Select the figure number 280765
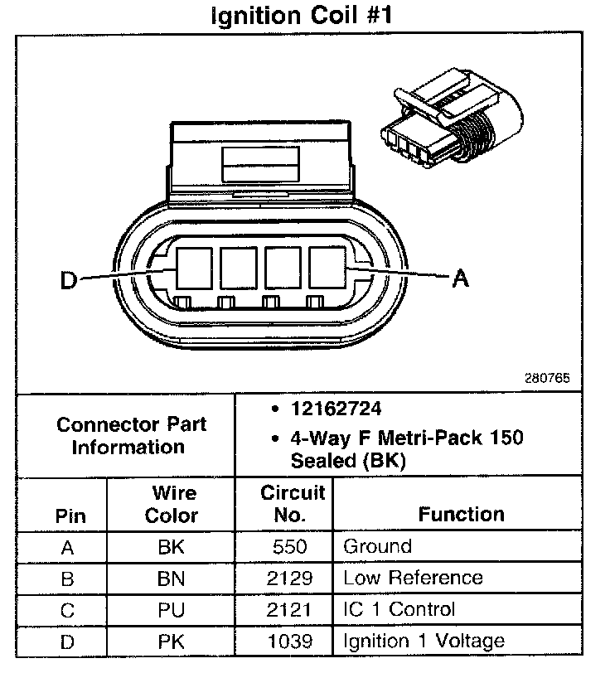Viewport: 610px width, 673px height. coord(546,378)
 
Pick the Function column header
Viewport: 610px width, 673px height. coord(462,514)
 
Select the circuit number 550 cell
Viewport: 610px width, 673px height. coord(290,547)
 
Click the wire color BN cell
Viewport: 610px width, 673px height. coord(171,579)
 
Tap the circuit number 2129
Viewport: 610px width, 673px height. coord(290,579)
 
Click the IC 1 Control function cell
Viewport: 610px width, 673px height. coord(399,609)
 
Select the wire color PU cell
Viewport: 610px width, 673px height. coord(171,610)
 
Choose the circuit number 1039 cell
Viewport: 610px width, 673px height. coord(290,641)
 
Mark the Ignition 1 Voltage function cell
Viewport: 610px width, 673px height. coord(424,641)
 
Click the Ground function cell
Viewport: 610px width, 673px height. coord(377,547)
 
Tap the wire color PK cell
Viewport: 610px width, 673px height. coord(171,641)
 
